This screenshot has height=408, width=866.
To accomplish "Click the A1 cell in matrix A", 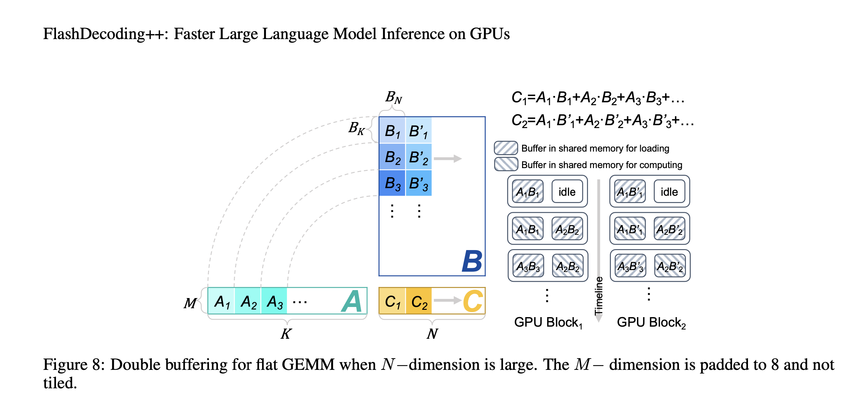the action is click(221, 301).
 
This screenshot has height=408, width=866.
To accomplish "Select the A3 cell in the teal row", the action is click(274, 301).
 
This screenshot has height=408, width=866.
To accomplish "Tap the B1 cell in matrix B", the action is click(392, 130).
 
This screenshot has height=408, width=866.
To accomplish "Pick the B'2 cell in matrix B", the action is click(419, 157).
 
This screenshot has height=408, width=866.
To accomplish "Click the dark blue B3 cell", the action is click(392, 183).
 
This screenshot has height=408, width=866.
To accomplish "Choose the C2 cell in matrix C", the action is click(419, 301).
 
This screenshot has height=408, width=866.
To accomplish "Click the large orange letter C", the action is click(473, 301).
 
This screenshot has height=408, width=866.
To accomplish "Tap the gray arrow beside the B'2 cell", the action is click(448, 159).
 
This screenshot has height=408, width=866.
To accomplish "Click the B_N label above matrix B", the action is click(394, 97).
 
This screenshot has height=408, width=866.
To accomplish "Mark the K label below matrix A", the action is click(286, 333).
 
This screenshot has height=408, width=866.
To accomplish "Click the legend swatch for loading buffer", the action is click(506, 148).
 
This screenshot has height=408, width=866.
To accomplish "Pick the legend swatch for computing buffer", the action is click(506, 164).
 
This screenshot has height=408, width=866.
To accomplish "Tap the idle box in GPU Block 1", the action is click(567, 191).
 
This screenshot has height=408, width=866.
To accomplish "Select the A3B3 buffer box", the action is click(528, 266).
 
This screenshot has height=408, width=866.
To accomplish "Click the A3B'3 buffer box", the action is click(630, 266).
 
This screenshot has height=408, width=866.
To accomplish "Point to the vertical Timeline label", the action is click(599, 296).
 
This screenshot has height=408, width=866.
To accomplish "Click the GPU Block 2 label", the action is click(651, 323).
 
